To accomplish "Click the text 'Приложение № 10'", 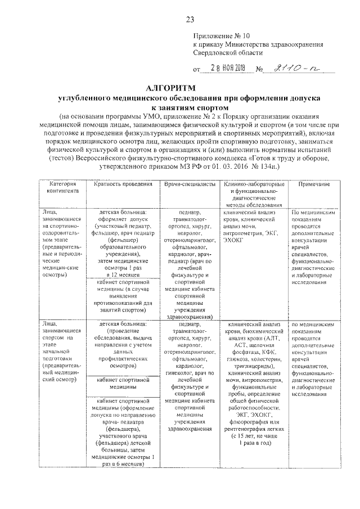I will tap(219, 35).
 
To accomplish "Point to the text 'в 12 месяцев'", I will tap(123, 274).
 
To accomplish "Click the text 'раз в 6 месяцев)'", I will tap(123, 464).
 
